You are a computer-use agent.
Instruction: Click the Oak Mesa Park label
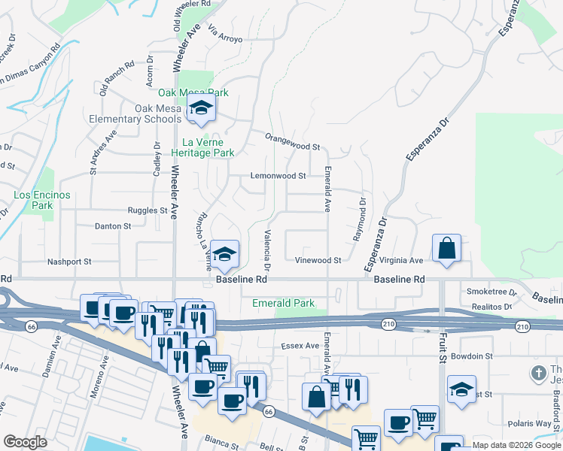pos(193,92)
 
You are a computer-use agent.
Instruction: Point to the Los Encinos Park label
pos(42,200)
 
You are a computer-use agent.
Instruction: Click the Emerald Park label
pos(282,303)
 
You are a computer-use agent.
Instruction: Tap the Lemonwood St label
pos(278,176)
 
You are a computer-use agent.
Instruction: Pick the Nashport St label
pos(69,262)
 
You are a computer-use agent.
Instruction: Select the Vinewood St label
pos(318,261)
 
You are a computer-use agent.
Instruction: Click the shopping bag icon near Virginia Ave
pos(446,248)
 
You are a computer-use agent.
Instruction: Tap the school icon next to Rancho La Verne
pos(224,256)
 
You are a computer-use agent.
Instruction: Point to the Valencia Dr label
pos(266,250)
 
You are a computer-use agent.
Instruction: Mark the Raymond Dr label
pos(359,219)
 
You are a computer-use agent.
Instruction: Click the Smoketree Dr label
pos(491,292)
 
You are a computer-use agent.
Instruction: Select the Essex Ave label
pos(300,346)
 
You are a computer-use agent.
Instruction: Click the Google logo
pos(26,443)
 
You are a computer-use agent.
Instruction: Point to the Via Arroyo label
pos(226,35)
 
